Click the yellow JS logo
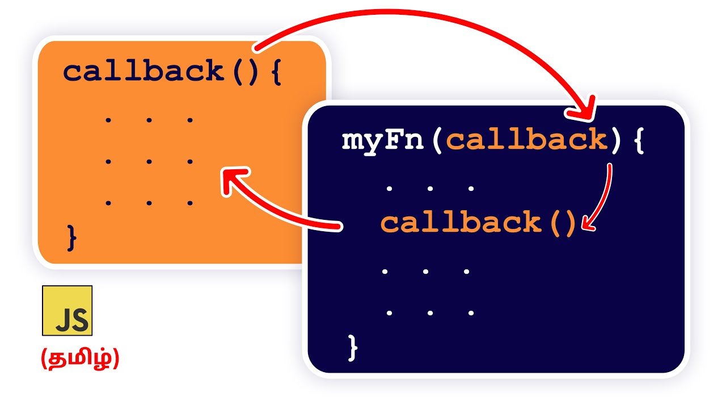tap(67, 310)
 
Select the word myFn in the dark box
tap(383, 140)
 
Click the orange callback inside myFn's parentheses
tap(527, 140)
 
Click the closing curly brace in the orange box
tap(71, 237)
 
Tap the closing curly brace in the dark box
tap(353, 347)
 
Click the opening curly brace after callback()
tap(276, 72)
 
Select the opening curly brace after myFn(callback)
tap(639, 140)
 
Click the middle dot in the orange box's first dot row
tap(149, 120)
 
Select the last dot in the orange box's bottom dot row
tap(190, 203)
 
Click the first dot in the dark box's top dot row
tap(389, 189)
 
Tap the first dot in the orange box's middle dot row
tap(108, 161)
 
